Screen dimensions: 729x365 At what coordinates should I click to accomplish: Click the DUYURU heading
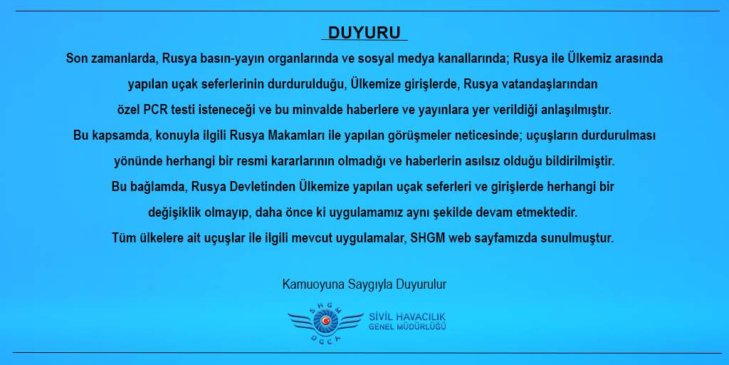click(364, 33)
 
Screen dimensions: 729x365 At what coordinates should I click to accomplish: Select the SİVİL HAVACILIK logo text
click(408, 317)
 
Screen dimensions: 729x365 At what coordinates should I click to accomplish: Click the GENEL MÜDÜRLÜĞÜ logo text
click(408, 327)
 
